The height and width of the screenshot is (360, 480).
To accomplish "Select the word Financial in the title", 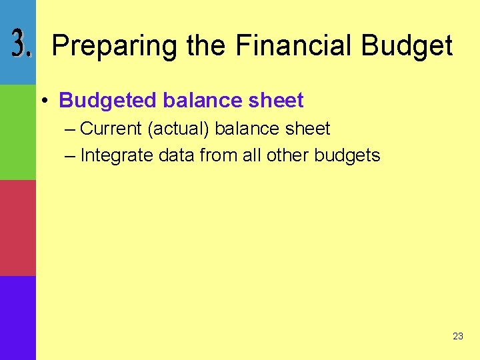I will (293, 46).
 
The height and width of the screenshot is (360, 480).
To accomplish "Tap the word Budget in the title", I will (407, 46).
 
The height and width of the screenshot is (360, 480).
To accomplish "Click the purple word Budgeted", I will (107, 101).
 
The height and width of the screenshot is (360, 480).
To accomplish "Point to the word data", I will (177, 156).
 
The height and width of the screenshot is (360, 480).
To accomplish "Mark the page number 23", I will (457, 336).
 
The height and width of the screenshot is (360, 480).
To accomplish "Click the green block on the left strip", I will (18, 132).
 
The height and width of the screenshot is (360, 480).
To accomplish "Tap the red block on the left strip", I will (18, 228).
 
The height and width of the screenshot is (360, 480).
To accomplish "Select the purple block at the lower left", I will (18, 318).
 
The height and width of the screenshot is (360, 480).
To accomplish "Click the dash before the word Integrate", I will (71, 156).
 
